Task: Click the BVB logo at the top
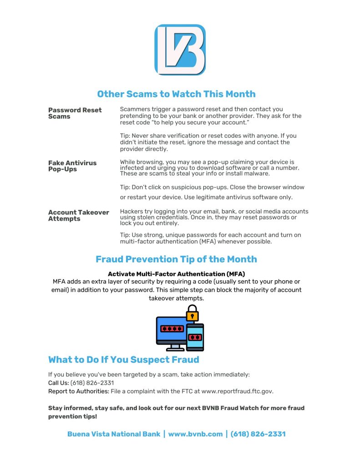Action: click(x=180, y=50)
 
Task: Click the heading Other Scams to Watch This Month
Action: click(x=176, y=94)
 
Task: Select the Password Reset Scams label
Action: click(x=75, y=113)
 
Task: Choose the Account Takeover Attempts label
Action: click(x=78, y=215)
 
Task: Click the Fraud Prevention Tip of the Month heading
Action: click(x=176, y=259)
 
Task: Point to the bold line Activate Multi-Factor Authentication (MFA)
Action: click(x=176, y=274)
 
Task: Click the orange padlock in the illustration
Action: click(x=193, y=314)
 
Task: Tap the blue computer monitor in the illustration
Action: click(x=171, y=329)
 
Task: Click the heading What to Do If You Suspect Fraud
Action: click(x=123, y=360)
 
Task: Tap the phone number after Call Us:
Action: click(x=92, y=383)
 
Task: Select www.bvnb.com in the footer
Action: click(x=195, y=434)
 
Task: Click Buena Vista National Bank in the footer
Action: click(x=114, y=434)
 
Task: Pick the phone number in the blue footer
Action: click(x=258, y=434)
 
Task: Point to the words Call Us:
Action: click(x=58, y=383)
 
